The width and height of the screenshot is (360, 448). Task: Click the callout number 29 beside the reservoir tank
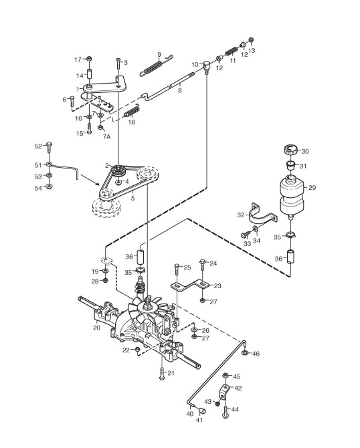[x=312, y=188]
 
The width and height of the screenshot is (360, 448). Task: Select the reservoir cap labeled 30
[x=291, y=149]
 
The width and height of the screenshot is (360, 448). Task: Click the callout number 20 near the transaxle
[x=96, y=328]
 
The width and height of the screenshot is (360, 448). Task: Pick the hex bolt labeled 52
[x=49, y=147]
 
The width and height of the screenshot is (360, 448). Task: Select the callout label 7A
[x=106, y=136]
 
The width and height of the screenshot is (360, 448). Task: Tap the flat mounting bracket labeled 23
[x=190, y=286]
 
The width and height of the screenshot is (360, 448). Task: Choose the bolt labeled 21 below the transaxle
[x=162, y=373]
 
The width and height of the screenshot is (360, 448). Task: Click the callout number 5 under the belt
[x=132, y=198]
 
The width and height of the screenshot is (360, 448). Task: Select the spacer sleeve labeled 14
[x=89, y=75]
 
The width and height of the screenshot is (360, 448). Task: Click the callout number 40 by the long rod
[x=190, y=413]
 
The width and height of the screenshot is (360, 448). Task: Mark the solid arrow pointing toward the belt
[x=90, y=180]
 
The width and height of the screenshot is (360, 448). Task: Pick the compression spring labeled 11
[x=232, y=51]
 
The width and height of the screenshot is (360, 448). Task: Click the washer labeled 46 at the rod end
[x=244, y=353]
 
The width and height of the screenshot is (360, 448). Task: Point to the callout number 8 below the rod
[x=179, y=91]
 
